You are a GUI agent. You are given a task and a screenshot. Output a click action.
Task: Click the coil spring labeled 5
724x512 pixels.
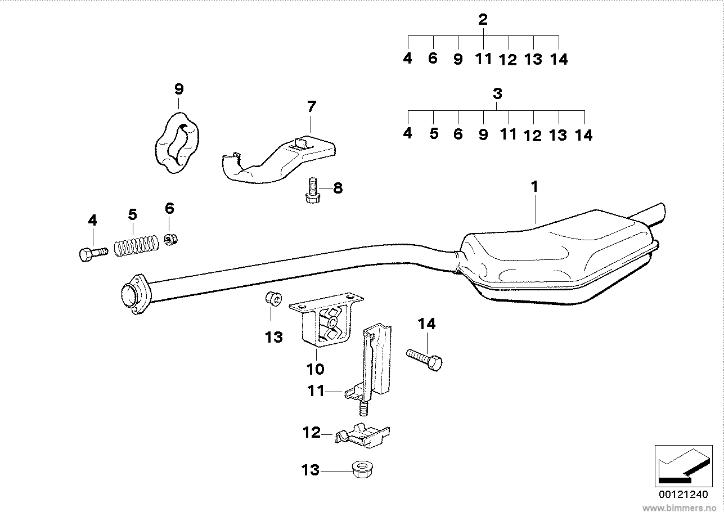(x=135, y=246)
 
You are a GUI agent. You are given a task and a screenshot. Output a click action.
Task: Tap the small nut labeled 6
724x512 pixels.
(x=171, y=240)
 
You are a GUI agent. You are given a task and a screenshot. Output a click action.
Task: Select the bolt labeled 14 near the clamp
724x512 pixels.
(x=424, y=358)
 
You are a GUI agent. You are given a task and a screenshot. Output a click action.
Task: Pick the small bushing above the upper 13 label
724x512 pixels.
(x=273, y=298)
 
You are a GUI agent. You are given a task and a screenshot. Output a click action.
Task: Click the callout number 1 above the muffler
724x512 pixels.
(x=535, y=187)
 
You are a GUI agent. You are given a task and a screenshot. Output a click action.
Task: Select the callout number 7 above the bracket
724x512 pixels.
(x=312, y=106)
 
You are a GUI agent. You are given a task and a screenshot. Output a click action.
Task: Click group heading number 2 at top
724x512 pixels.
(x=483, y=20)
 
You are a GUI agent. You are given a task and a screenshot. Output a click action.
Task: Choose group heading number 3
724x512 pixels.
(x=497, y=94)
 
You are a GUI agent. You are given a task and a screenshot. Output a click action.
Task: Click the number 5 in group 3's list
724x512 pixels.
(x=434, y=134)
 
